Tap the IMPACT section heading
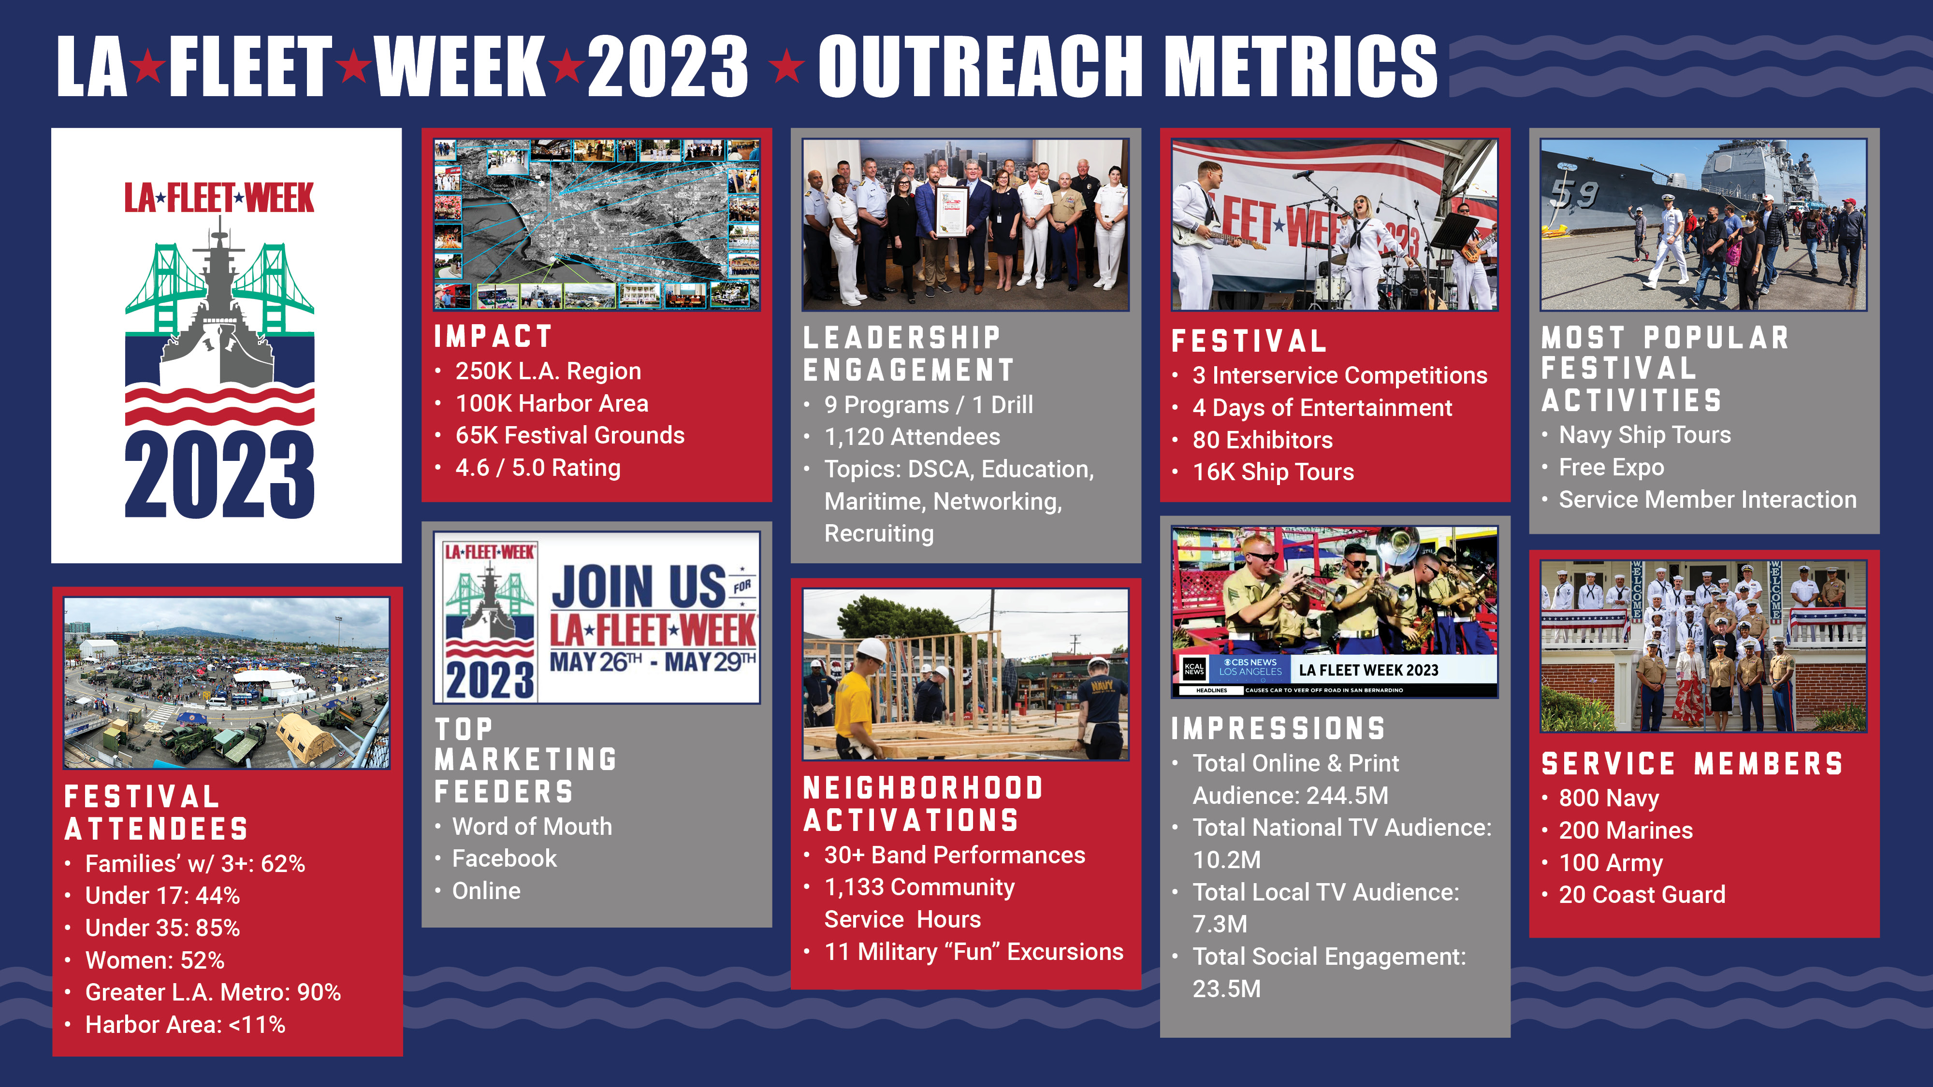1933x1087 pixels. tap(493, 337)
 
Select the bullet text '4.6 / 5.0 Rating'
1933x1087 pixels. tap(538, 467)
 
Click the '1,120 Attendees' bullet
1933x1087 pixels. tap(912, 437)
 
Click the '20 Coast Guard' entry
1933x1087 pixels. tap(1642, 894)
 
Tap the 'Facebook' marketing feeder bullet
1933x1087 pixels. tap(504, 858)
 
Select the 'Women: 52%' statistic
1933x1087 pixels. tap(155, 960)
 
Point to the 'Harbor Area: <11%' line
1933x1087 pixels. tap(185, 1025)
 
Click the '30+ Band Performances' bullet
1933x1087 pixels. tap(955, 855)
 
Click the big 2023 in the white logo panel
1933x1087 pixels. tap(219, 475)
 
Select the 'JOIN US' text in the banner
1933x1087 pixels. tap(639, 586)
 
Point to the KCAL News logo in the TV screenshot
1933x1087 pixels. tap(1194, 669)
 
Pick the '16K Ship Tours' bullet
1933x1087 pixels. tap(1273, 472)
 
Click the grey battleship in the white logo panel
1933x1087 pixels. tap(218, 315)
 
